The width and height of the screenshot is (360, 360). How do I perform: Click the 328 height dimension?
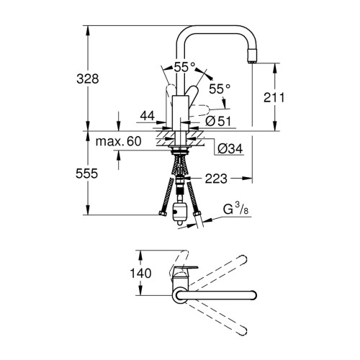(x=88, y=78)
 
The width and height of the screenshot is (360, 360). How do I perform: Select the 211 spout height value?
(x=274, y=97)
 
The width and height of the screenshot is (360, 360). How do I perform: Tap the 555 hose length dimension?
(x=87, y=174)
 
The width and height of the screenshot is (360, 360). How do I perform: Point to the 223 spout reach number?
(x=216, y=179)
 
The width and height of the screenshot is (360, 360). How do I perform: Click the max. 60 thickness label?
(x=119, y=141)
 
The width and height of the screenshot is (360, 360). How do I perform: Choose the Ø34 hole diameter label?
(x=230, y=149)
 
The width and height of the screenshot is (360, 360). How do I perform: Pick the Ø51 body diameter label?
(x=218, y=121)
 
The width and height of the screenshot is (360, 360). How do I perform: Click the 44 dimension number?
(x=148, y=116)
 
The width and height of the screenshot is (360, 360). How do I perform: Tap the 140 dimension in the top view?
(x=140, y=273)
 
